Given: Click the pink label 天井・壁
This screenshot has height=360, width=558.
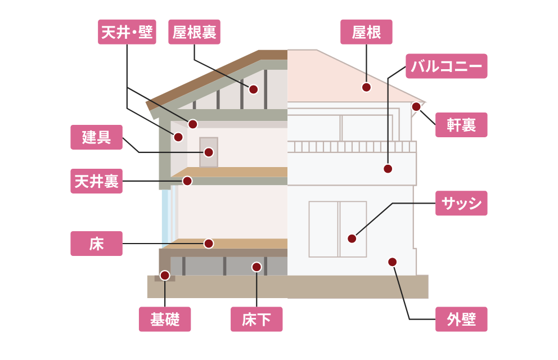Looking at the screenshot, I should coord(127,32).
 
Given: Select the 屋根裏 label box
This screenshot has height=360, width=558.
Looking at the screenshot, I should coord(194,32).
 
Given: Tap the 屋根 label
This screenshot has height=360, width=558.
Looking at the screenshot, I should coord(366,32).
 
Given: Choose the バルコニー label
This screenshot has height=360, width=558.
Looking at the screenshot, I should coord(446,66).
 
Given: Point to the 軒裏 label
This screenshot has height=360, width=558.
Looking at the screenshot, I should coord(461,125).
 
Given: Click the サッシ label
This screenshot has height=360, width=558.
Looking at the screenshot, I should coord(461,203).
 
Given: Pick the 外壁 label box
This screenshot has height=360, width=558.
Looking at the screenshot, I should coord(461,319).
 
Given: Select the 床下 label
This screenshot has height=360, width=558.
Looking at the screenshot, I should coord(256,319).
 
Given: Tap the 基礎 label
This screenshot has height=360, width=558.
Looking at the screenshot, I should coord(165,319).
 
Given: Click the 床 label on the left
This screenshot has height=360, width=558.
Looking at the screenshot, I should coord(96,244).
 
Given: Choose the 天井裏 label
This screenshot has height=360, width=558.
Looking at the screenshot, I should coord(96,181).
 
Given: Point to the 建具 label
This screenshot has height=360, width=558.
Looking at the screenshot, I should coord(96,137).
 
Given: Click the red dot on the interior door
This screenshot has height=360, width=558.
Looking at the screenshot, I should coord(209,152).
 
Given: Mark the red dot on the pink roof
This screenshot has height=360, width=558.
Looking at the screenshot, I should coord(366,87).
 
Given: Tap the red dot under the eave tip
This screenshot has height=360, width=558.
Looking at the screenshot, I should coord(416,106).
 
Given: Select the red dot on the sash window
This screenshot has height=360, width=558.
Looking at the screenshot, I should coord(352,238).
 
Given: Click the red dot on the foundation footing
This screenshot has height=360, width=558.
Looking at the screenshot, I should coord(165,275).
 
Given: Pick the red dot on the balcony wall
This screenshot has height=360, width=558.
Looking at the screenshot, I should coord(388,168).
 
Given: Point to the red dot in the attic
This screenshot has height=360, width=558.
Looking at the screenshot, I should coord(253,89).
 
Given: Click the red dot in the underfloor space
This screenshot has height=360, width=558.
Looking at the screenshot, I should coord(256,267).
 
